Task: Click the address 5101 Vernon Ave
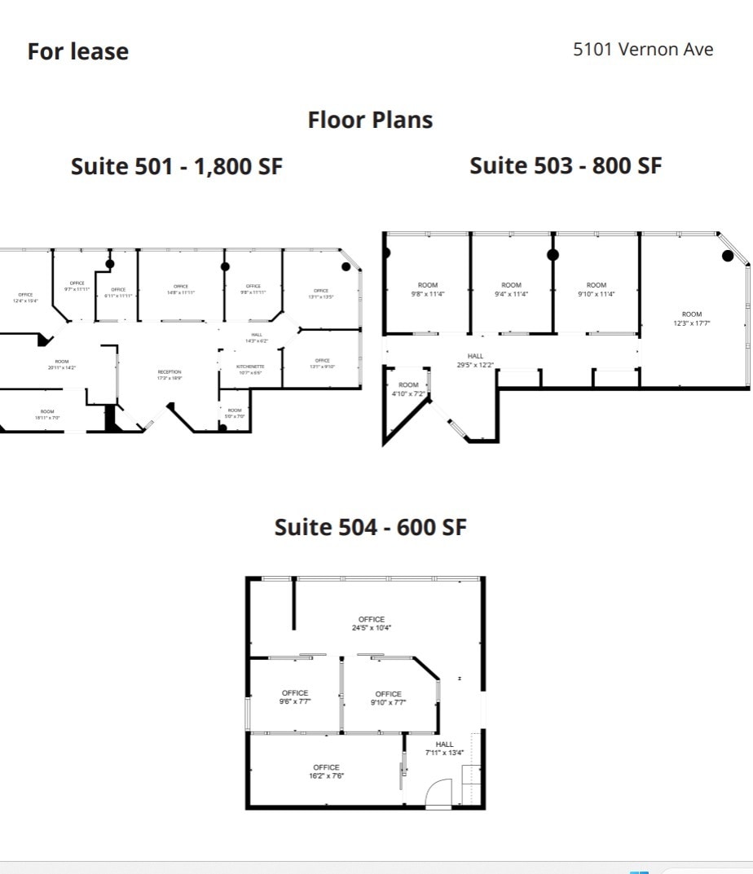point(643,49)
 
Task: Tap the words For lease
point(78,51)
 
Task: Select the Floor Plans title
point(370,120)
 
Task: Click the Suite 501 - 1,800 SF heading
point(177,166)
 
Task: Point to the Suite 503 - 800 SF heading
point(566,165)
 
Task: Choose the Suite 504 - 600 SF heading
point(371,527)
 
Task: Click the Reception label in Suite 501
point(170,376)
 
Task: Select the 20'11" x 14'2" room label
point(62,365)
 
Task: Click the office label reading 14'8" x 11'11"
point(181,289)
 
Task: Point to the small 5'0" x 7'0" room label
point(235,413)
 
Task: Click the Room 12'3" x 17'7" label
point(691,318)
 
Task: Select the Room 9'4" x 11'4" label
point(511,290)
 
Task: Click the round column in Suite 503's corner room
point(728,256)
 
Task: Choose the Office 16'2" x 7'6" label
point(326,771)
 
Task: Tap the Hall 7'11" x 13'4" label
point(444,749)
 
